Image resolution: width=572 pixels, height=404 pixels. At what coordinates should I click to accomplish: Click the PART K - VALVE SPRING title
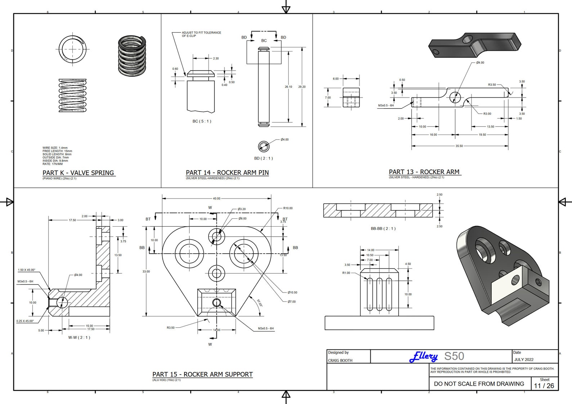click(78, 173)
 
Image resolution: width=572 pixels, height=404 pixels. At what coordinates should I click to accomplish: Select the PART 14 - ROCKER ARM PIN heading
click(227, 173)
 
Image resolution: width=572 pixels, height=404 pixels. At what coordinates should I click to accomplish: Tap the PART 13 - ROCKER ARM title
click(424, 172)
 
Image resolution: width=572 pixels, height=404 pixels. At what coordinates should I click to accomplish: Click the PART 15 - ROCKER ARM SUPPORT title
click(202, 374)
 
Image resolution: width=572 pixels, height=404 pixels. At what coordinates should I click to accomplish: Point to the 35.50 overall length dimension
click(459, 146)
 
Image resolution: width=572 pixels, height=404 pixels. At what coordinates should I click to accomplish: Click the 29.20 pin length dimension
click(302, 87)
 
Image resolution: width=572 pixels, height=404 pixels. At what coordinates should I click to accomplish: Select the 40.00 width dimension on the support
click(216, 198)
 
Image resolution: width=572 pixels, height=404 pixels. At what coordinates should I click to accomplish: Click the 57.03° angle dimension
click(260, 303)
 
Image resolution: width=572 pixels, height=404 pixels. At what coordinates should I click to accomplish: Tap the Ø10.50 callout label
click(292, 292)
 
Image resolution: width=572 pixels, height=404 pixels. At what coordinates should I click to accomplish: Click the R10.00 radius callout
click(288, 208)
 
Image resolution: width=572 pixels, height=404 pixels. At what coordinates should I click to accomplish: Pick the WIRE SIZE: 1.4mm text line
click(55, 148)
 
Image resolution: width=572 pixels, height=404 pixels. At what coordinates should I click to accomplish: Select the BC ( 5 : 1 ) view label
click(202, 121)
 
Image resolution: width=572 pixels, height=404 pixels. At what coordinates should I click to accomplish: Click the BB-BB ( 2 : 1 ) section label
click(383, 228)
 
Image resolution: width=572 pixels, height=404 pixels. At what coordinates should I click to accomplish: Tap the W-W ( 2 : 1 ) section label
click(79, 337)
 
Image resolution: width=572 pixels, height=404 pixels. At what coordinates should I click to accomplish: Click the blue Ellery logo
click(424, 357)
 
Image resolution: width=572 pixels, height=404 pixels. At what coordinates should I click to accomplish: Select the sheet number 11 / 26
click(544, 386)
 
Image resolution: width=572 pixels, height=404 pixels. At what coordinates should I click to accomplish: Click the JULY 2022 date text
click(524, 359)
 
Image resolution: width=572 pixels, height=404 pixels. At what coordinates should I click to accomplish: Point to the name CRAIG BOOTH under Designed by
click(340, 360)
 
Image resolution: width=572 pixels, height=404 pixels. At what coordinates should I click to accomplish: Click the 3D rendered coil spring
click(132, 56)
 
